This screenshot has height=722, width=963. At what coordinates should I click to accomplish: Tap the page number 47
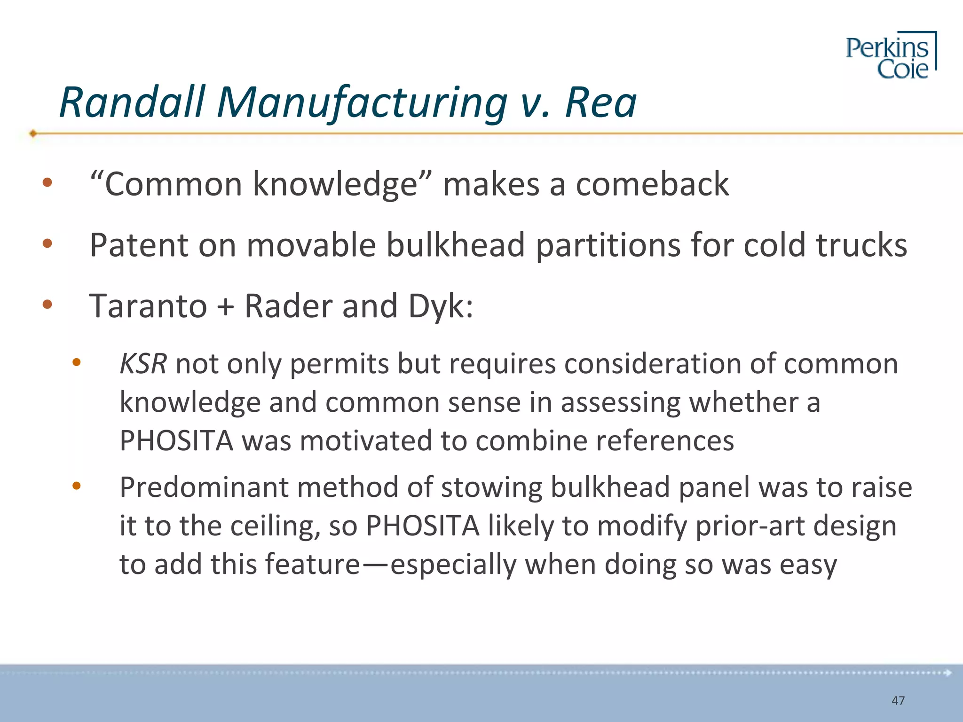[898, 700]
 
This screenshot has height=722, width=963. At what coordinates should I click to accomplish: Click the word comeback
[653, 184]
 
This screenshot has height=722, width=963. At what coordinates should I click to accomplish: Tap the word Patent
[138, 245]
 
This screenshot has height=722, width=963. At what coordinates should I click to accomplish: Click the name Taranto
[148, 306]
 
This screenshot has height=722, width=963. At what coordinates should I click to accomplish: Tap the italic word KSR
[143, 364]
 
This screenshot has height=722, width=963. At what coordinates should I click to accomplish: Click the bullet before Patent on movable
[47, 243]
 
